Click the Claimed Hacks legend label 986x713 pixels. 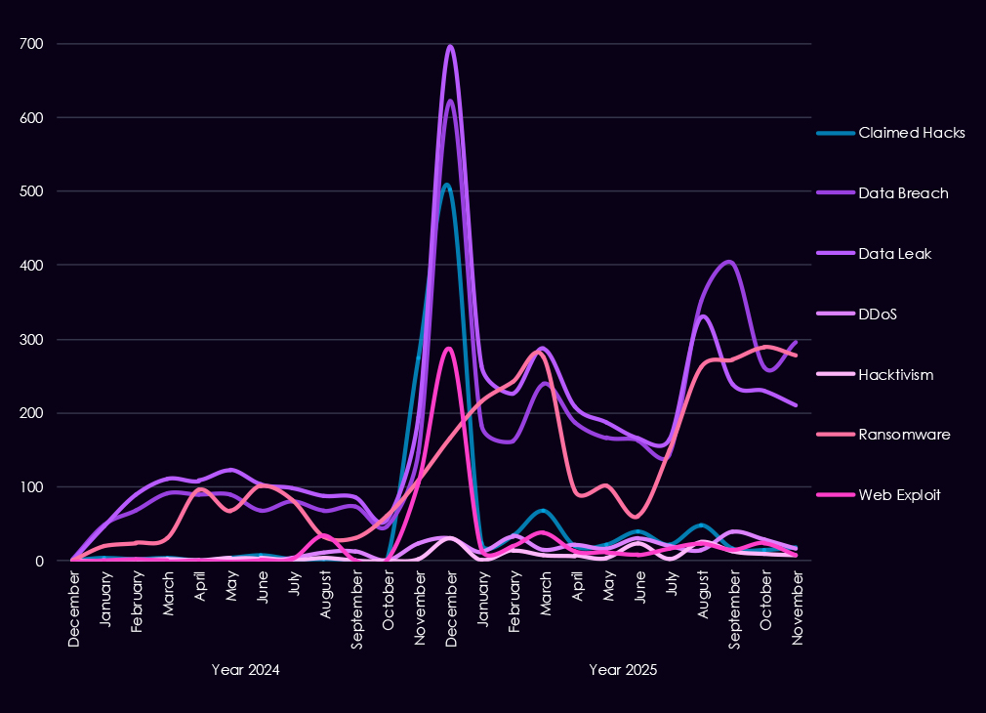coord(912,133)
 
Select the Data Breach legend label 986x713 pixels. coord(903,193)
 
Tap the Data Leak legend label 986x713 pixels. coord(894,254)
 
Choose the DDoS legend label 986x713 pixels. coord(878,315)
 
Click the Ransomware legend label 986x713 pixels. coord(904,435)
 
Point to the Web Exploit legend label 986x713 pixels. coord(899,495)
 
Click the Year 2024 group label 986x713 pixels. coord(246,670)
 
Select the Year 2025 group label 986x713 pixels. coord(623,670)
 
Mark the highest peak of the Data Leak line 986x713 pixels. coord(450,46)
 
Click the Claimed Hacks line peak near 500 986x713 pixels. coord(446,185)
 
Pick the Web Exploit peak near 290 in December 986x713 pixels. coord(448,348)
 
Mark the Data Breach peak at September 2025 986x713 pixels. coord(728,262)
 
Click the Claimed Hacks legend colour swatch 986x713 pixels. coord(835,133)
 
